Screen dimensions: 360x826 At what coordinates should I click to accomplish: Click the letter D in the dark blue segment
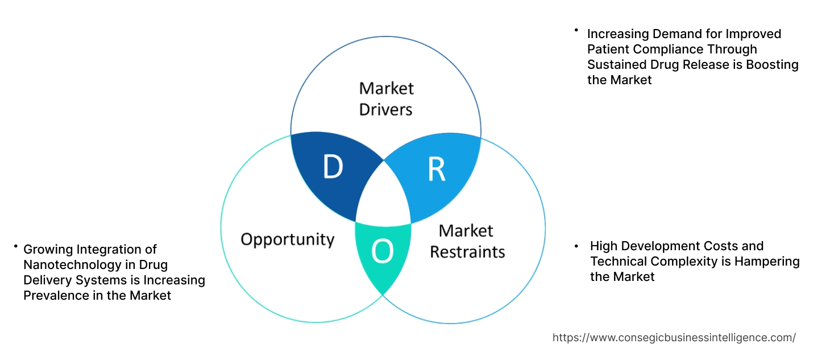333,167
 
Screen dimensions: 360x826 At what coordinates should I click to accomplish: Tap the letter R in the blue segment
436,170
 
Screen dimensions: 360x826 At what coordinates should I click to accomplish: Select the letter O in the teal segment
382,253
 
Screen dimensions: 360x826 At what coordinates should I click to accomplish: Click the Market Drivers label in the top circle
386,98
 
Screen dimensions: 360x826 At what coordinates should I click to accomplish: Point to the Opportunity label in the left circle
287,239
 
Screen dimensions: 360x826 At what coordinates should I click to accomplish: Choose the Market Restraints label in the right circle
467,241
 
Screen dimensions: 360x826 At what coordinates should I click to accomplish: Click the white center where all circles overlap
383,197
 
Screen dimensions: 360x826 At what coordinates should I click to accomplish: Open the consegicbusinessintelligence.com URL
674,337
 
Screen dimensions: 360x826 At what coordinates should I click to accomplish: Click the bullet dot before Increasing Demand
576,30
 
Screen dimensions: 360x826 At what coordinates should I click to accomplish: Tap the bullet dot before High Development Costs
576,246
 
